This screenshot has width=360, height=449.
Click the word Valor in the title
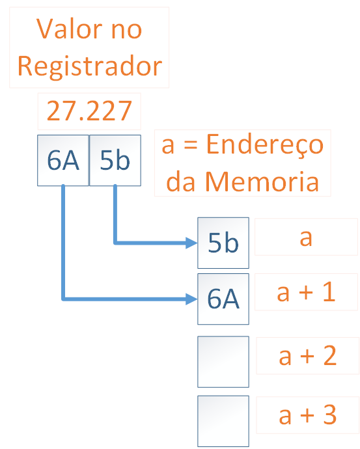click(69, 29)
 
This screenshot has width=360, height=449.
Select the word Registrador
click(90, 66)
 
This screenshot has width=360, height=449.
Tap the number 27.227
click(89, 111)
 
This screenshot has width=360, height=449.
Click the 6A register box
click(63, 160)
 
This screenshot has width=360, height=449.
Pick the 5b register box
click(115, 160)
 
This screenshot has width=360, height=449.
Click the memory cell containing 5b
click(223, 243)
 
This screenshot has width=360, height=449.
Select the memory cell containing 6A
click(223, 299)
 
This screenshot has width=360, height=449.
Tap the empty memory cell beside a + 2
click(223, 362)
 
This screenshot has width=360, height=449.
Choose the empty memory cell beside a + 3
click(223, 421)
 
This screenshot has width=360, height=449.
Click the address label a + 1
click(306, 292)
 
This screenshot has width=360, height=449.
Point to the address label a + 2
click(307, 355)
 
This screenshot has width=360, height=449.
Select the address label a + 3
click(307, 415)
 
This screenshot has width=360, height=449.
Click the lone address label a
click(306, 238)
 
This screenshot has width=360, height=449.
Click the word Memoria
click(262, 182)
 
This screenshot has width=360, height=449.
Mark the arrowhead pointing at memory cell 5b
click(191, 243)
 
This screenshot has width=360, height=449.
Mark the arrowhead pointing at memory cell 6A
click(191, 299)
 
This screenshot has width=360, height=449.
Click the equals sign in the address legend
click(191, 146)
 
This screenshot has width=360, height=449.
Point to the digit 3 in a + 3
click(329, 415)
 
